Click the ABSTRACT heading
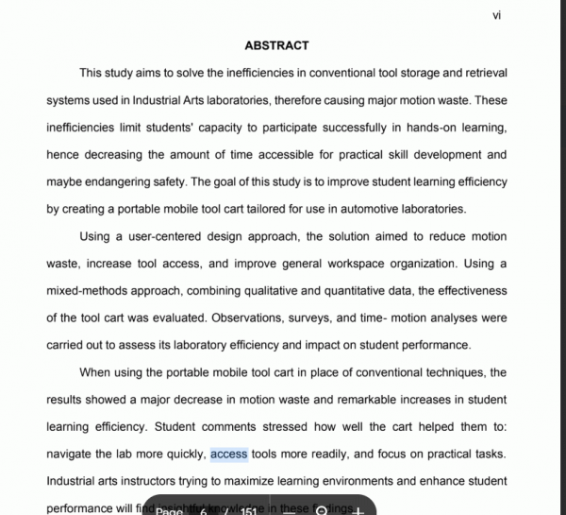pyautogui.click(x=276, y=45)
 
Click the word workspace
pyautogui.click(x=378, y=264)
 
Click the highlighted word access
pyautogui.click(x=229, y=455)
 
